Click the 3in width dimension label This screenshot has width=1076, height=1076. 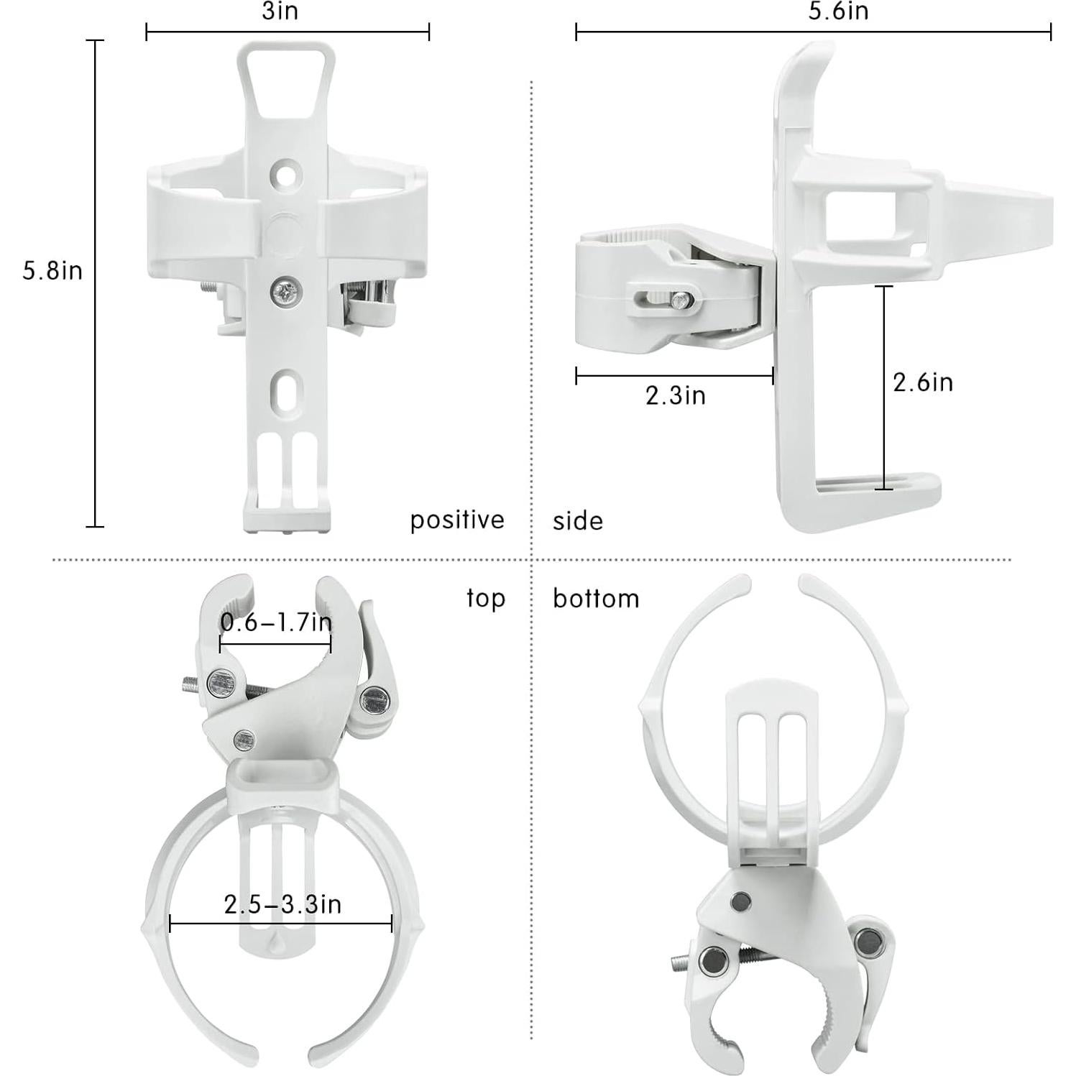(280, 12)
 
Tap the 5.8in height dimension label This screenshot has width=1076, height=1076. (52, 271)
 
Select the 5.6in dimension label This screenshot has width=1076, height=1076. (838, 12)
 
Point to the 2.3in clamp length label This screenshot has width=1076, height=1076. (675, 396)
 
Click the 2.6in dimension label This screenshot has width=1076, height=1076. (922, 382)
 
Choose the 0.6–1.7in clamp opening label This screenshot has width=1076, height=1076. (276, 622)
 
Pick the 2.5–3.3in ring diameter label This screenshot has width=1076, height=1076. (282, 904)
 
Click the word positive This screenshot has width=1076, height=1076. (457, 520)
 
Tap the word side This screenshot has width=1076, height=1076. (577, 521)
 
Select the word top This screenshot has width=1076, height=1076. (486, 598)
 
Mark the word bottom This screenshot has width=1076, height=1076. (596, 599)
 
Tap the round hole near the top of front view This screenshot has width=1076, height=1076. (286, 174)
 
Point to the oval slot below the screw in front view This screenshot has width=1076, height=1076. (286, 390)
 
